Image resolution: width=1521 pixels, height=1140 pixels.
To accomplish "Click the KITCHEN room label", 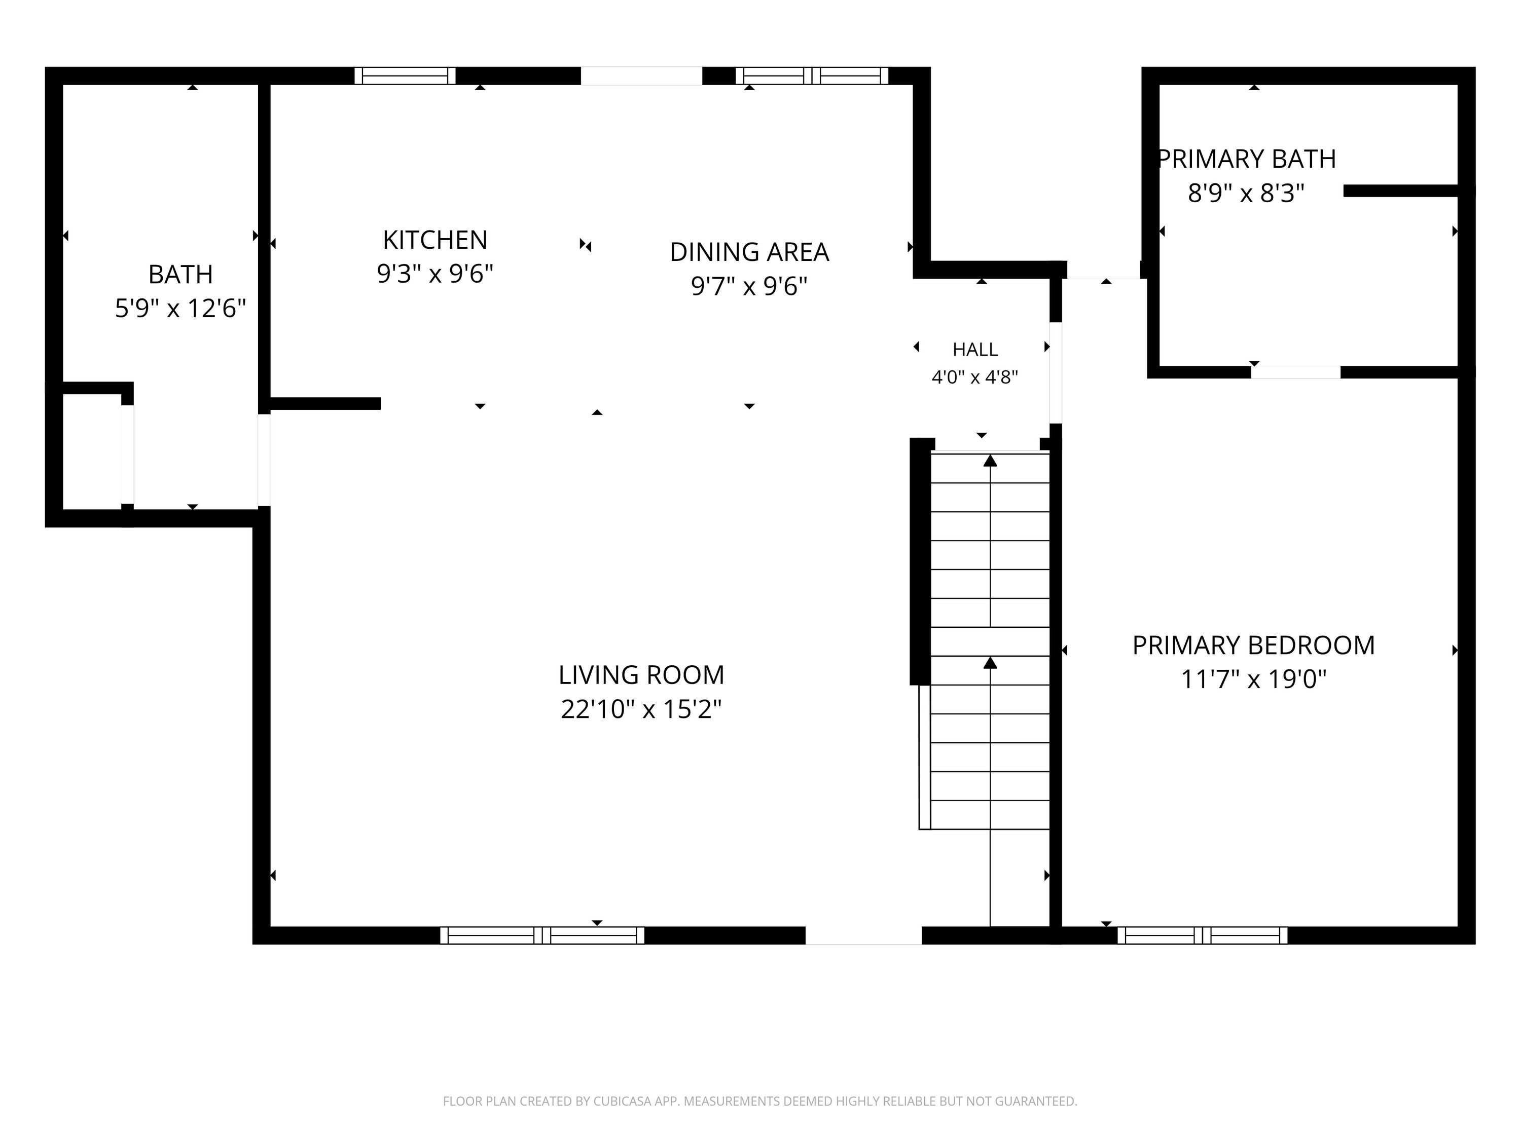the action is [434, 240].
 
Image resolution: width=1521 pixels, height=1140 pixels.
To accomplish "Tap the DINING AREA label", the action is [749, 252].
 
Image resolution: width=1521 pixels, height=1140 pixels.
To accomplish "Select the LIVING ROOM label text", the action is [641, 675].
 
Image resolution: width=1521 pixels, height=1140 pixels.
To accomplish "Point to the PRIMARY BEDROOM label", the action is [1253, 645].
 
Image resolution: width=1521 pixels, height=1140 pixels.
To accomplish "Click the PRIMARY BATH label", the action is [1246, 159].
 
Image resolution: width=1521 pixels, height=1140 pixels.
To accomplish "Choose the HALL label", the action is [975, 350].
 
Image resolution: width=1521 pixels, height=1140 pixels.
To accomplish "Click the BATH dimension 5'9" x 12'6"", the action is [180, 309].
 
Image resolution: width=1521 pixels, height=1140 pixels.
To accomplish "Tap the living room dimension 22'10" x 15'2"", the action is [641, 709].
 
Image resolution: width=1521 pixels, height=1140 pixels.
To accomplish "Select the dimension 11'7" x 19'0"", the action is [1253, 679].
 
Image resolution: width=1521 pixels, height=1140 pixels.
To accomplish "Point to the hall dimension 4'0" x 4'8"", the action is [974, 377].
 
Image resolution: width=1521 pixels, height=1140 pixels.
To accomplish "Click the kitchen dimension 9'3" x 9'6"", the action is [434, 274].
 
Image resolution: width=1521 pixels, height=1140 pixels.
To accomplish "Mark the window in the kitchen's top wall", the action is [405, 75].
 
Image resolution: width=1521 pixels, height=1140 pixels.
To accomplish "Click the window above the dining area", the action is [812, 75].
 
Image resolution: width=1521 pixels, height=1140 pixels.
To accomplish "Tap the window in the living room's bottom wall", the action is [542, 935].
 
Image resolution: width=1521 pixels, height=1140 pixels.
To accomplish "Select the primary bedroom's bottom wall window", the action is [1202, 935].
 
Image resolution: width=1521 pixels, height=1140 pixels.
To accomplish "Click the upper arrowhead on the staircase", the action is [990, 461].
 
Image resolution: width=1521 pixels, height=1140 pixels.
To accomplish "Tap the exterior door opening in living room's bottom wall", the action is [863, 935].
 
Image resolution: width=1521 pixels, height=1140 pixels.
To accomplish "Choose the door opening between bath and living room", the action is [264, 460].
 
